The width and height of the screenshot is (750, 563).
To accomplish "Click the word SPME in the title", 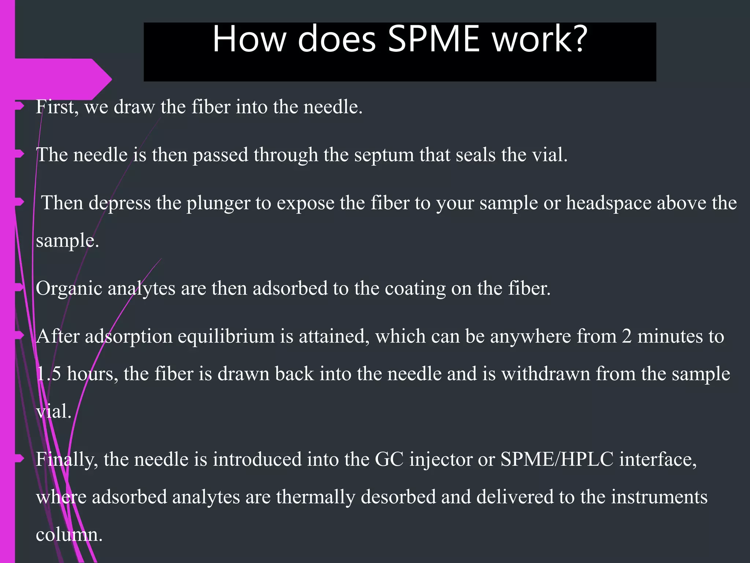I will point(434,39).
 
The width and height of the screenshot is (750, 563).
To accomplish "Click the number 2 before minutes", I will point(627,336).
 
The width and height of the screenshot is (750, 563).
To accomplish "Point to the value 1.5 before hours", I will point(49,374).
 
